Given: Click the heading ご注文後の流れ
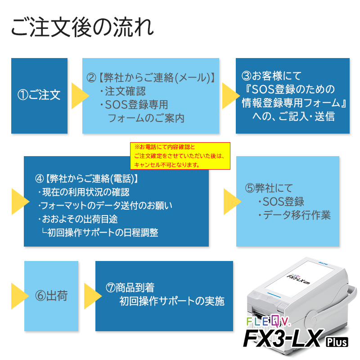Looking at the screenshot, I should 82,27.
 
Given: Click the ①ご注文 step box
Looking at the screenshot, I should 39,95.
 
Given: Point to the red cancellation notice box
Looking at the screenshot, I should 180,156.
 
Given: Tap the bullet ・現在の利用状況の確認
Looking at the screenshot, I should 84,192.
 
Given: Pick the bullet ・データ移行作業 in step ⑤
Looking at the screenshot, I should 294,215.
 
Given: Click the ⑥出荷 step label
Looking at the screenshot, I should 51,296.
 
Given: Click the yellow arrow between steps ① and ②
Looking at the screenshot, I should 79,95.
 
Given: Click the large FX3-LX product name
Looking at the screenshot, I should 283,339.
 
